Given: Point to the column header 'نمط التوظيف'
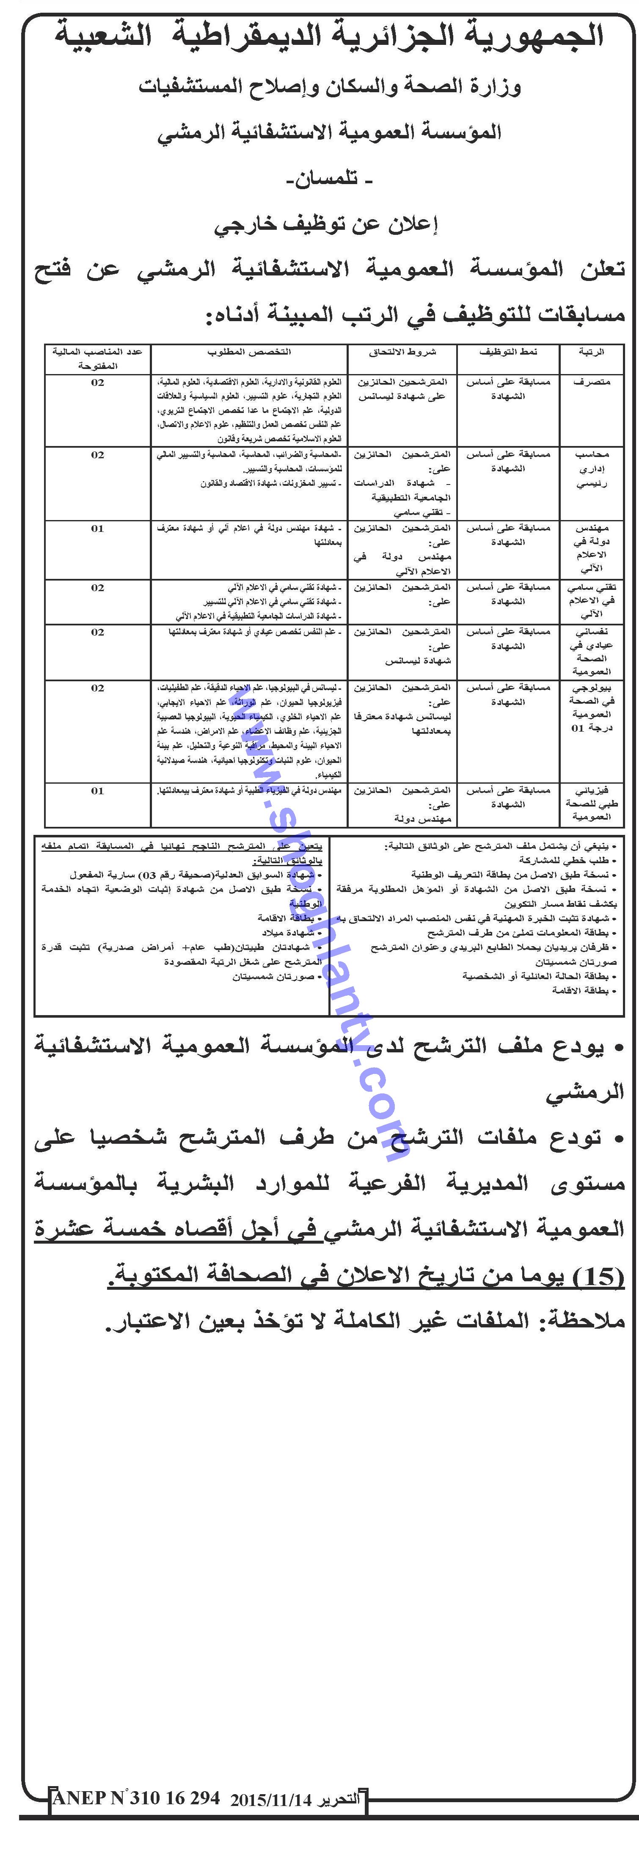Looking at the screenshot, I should pyautogui.click(x=508, y=352).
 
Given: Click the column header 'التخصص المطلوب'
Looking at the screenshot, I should pyautogui.click(x=249, y=352).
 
